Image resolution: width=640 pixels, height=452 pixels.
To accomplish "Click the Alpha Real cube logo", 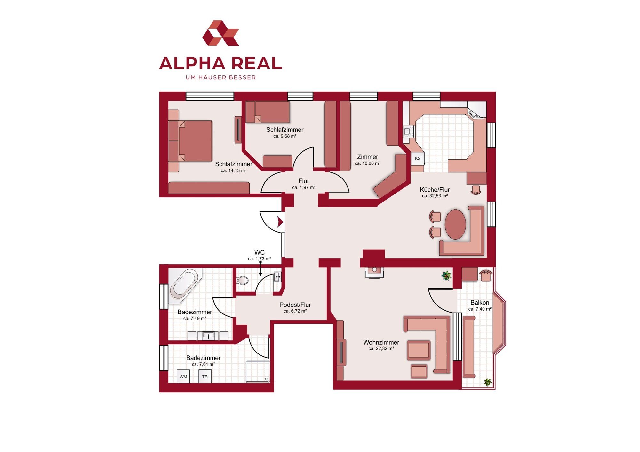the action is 220,33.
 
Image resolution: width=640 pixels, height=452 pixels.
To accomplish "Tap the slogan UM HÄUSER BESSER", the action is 221,77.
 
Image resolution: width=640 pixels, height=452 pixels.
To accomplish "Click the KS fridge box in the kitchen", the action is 418,158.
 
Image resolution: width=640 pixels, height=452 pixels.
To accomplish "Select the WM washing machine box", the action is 183,377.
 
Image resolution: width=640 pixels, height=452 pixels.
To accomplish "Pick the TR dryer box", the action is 205,377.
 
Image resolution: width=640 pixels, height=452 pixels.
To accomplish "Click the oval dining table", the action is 455,224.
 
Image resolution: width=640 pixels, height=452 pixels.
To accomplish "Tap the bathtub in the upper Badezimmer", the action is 185,283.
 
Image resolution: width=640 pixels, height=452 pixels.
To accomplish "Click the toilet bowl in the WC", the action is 243,281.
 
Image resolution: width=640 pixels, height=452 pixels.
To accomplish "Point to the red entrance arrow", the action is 280,222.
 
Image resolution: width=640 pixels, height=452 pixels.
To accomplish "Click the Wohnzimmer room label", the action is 381,342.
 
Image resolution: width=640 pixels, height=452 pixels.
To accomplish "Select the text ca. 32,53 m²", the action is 435,196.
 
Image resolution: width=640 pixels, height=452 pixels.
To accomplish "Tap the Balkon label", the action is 480,303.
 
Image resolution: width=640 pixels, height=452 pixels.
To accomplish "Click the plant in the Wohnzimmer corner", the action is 446,275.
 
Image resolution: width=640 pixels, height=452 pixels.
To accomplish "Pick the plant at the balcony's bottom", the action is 487,382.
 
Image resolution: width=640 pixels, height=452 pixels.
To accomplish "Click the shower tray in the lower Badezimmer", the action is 258,371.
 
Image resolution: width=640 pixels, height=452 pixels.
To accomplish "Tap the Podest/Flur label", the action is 295,305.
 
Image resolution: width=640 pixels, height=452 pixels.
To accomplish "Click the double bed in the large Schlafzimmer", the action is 190,141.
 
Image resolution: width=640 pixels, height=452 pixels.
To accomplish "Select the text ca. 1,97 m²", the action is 304,187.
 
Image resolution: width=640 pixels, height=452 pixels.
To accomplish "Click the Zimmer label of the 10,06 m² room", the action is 367,157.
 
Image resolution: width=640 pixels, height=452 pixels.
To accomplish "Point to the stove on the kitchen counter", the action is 409,131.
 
